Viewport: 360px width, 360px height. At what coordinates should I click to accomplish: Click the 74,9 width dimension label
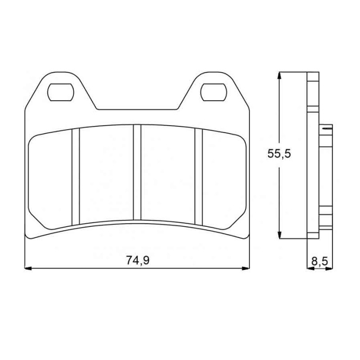coord(138,261)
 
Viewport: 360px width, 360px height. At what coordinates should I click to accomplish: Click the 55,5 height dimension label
coord(279,153)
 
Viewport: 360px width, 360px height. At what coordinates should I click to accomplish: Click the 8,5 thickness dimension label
coord(320,261)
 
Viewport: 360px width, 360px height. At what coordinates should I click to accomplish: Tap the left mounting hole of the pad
coord(61,92)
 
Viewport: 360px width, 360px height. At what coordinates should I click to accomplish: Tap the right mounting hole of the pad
coord(214,92)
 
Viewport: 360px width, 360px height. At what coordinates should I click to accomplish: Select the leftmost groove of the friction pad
coord(76,177)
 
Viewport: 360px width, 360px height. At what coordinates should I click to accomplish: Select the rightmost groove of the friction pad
coord(198,177)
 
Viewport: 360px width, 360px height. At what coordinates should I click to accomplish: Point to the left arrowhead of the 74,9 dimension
coord(28,268)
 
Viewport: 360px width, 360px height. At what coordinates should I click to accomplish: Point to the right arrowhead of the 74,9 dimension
coord(246,268)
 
